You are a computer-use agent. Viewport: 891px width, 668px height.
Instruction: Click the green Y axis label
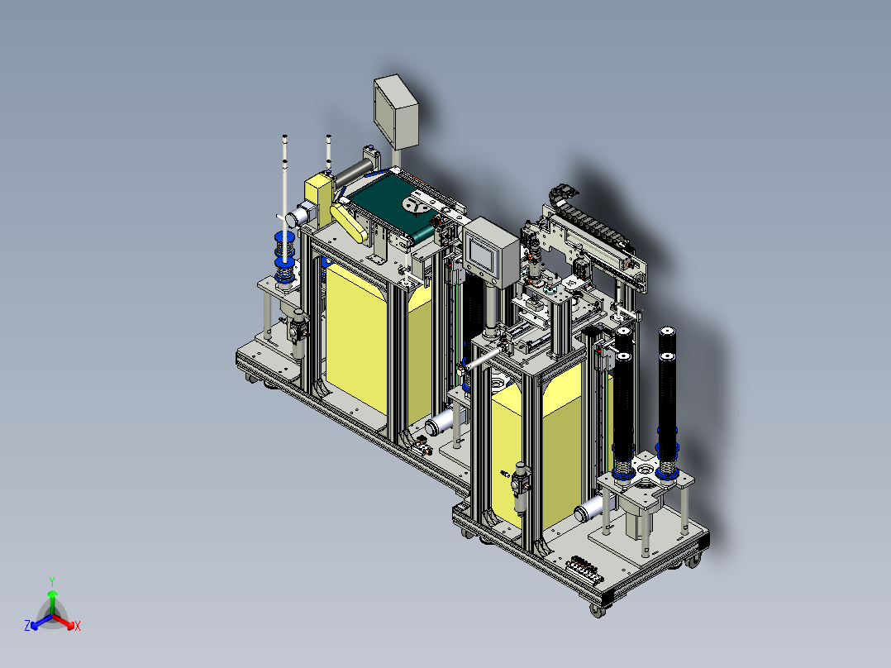click(52, 581)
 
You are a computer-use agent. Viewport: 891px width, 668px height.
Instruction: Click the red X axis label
click(78, 626)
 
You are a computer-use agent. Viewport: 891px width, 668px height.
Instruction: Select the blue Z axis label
click(27, 626)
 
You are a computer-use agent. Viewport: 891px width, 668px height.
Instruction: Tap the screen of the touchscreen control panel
click(481, 254)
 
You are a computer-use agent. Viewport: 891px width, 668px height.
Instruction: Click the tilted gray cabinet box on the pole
click(396, 112)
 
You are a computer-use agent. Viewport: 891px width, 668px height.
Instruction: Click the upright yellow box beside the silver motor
click(319, 199)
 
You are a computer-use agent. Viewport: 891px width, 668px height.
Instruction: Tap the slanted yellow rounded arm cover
click(348, 223)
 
